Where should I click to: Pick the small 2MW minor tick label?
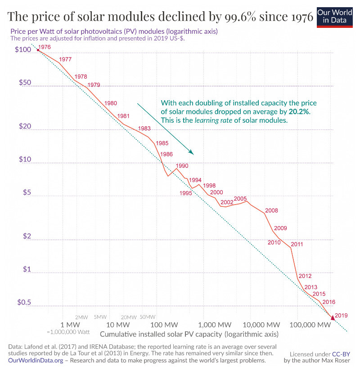pyautogui.click(x=81, y=317)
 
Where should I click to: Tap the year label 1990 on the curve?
pyautogui.click(x=182, y=166)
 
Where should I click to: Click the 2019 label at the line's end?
pyautogui.click(x=342, y=316)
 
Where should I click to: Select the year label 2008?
pyautogui.click(x=272, y=210)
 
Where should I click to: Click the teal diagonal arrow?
pyautogui.click(x=165, y=129)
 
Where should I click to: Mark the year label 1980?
pyautogui.click(x=111, y=103)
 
